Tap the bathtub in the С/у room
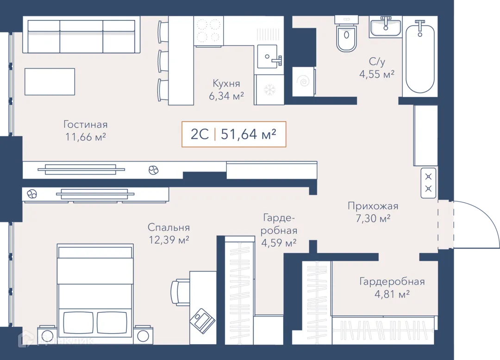coord(420,57)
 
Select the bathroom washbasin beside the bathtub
coord(386,27)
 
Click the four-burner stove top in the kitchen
coord(208,31)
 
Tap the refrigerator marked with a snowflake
coord(269,90)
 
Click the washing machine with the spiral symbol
coord(304,81)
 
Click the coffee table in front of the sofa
coord(50,81)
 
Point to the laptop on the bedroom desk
coord(202,321)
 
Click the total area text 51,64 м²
coord(249,135)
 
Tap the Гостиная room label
coord(86,124)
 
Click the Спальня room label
coord(169,228)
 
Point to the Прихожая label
coord(373,206)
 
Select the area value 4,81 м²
coord(392,294)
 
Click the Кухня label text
coord(226,83)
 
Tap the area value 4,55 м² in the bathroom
coord(377,74)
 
